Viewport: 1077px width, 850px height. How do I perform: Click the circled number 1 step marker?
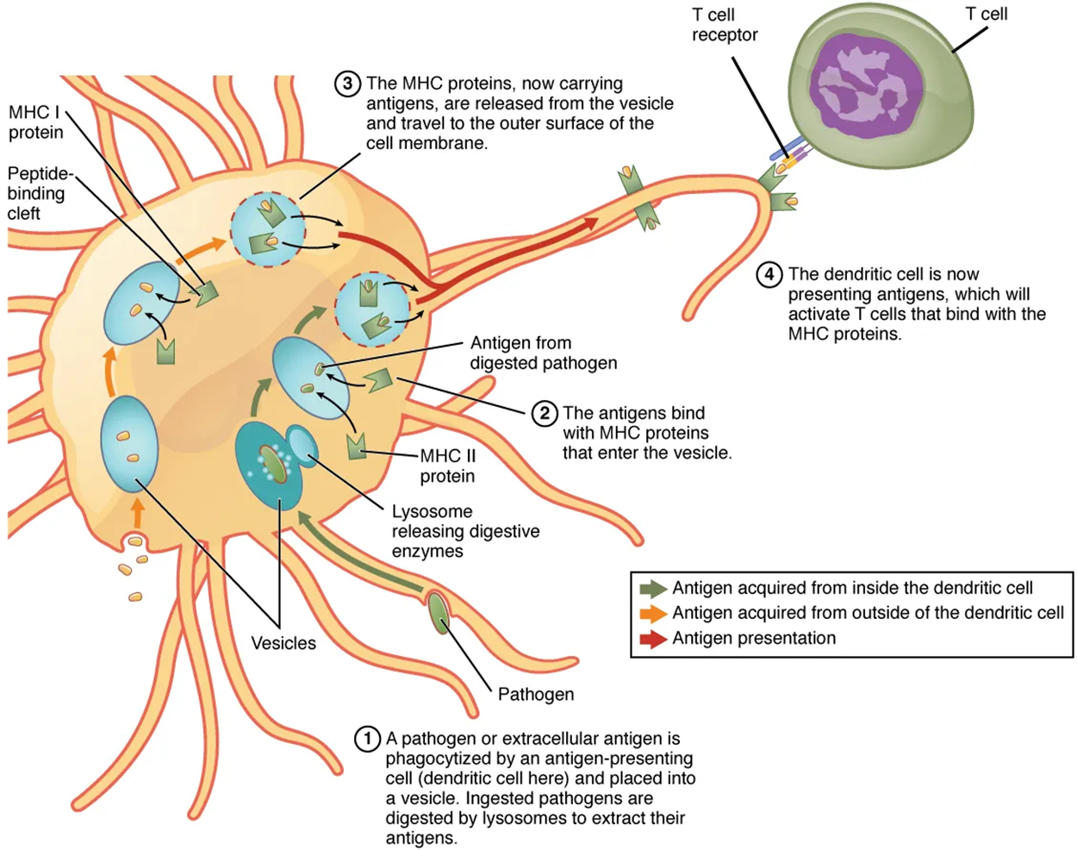tap(368, 739)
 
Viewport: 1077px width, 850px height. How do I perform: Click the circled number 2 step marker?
tap(545, 414)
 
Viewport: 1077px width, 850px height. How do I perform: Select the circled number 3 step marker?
tap(347, 84)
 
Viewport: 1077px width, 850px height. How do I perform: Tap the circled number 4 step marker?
tap(769, 275)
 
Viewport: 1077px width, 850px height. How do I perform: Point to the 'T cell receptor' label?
tap(725, 25)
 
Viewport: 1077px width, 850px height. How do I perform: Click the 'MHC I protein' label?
tap(36, 122)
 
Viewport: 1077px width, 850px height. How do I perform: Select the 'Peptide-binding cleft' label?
tap(40, 193)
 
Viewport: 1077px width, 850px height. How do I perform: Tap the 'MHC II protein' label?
tap(447, 466)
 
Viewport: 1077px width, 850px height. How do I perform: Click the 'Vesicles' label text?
tap(283, 643)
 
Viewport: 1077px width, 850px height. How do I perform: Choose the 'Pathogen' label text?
tap(535, 694)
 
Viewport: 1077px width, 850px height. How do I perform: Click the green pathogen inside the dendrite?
tap(439, 613)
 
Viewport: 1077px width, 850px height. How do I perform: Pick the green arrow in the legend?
tap(653, 589)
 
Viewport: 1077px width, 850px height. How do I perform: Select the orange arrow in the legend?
tap(653, 614)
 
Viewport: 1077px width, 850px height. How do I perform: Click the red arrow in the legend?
tap(653, 639)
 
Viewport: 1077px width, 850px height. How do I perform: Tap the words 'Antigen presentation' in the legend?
tap(754, 639)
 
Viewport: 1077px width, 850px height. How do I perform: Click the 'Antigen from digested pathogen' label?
tap(543, 353)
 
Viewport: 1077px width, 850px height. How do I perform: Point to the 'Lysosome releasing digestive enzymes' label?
tap(465, 531)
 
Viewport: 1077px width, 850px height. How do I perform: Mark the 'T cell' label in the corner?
tap(986, 14)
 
